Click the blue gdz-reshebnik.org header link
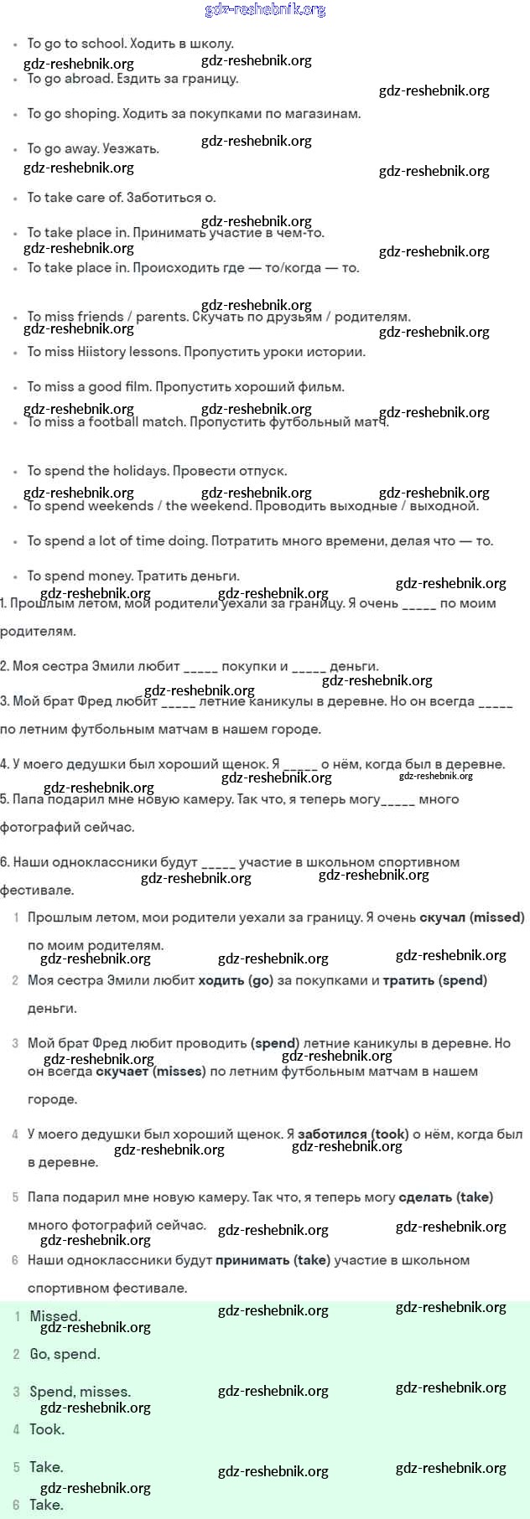(x=265, y=10)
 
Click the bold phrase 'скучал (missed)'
(x=472, y=917)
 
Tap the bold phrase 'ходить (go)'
(x=236, y=980)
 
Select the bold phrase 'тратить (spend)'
(x=434, y=980)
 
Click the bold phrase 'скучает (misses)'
(x=151, y=1072)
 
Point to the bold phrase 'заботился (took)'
(x=353, y=1134)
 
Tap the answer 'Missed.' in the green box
(x=55, y=1316)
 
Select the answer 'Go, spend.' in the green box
(x=65, y=1354)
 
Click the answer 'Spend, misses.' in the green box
(x=80, y=1392)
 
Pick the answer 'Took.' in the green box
(x=47, y=1429)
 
